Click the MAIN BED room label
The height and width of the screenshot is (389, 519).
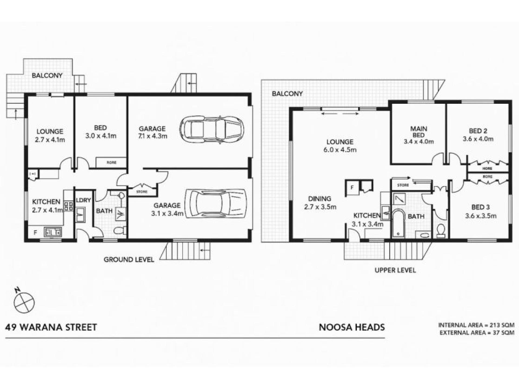point(418,132)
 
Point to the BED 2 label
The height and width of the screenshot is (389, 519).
point(478,131)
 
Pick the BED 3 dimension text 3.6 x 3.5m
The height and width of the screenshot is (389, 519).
point(481,216)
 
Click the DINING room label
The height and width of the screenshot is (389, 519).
point(320,199)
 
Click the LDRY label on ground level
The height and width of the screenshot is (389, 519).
point(83,200)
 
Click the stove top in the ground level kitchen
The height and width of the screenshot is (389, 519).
point(68,206)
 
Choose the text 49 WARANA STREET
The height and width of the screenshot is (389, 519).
point(51,327)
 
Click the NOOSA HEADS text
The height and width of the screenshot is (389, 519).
point(352,327)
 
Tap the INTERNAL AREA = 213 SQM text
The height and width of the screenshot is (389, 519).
point(476,325)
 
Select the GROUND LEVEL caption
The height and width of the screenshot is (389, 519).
point(129,260)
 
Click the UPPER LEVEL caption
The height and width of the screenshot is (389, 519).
point(395,270)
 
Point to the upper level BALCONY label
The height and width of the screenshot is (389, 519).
point(287,94)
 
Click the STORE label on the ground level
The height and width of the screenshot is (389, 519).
point(142,192)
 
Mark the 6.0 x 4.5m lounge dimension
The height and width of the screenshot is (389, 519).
point(340,150)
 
